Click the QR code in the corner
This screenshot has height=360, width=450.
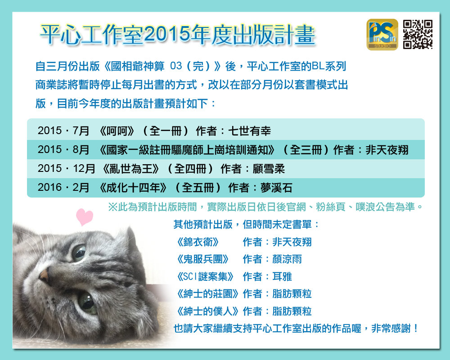[x=418, y=35]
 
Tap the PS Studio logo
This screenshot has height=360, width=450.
[x=382, y=35]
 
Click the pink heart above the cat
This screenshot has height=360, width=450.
[x=85, y=217]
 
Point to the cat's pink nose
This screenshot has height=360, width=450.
[x=44, y=274]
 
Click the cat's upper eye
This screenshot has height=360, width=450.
[x=79, y=252]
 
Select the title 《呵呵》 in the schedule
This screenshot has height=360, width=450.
[x=117, y=131]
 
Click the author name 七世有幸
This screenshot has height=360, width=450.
[x=249, y=131]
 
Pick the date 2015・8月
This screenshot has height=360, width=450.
[x=63, y=150]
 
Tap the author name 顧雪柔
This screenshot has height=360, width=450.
[x=269, y=169]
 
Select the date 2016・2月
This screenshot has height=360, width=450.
[x=63, y=188]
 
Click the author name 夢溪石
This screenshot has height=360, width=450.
[x=276, y=188]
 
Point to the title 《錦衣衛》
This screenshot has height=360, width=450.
[x=198, y=242]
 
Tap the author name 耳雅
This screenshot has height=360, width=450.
[x=282, y=277]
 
